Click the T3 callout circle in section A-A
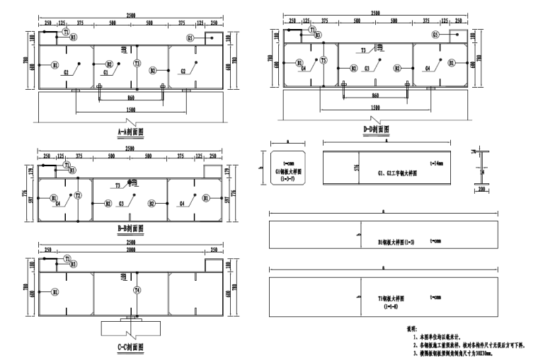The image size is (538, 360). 137,64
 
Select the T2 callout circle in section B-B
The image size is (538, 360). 79,195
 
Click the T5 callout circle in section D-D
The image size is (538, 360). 324,61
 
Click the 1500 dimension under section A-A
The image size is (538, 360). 131,110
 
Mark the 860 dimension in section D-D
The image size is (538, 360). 376,95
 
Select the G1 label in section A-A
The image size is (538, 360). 106,72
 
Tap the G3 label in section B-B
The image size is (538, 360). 122,204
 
